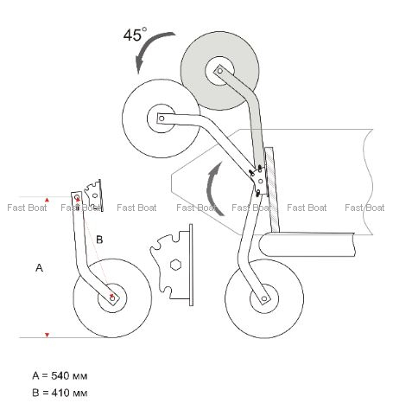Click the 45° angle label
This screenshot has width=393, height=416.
click(x=135, y=35)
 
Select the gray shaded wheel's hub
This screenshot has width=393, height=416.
click(x=219, y=71)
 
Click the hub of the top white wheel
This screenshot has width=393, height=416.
click(x=162, y=118)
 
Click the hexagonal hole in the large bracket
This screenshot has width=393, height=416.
click(x=175, y=265)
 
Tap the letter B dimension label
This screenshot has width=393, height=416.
click(x=99, y=240)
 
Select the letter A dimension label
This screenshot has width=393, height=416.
click(x=39, y=268)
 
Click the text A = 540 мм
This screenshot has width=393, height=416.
click(x=60, y=375)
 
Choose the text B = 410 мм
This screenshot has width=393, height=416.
click(x=60, y=393)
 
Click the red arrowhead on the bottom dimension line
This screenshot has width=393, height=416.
click(x=47, y=335)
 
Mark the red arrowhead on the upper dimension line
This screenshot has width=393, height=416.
click(x=47, y=200)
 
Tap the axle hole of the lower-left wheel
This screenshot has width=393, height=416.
click(x=112, y=298)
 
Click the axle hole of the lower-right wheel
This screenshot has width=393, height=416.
click(x=264, y=299)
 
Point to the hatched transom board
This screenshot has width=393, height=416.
click(x=272, y=190)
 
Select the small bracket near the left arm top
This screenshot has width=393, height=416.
click(x=93, y=195)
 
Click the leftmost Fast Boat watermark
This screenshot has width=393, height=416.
click(x=27, y=208)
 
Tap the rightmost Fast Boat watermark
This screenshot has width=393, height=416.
click(x=364, y=208)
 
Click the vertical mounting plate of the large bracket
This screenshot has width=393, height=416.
click(x=191, y=265)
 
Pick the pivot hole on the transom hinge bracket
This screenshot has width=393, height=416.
click(x=261, y=181)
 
